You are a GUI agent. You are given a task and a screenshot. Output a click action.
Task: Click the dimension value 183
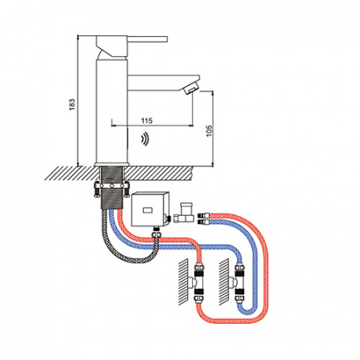coord(72,105)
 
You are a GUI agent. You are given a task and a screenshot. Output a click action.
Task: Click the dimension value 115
coord(146,121)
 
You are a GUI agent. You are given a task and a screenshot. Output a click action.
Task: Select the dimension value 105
coord(210,130)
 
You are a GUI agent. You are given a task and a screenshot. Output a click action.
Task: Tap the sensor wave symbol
coord(146,140)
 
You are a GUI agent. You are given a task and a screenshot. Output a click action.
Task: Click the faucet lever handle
coord(147,39)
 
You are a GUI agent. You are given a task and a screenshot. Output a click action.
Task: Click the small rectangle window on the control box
coord(147,210)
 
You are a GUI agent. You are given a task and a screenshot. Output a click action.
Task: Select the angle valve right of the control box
coord(184,213)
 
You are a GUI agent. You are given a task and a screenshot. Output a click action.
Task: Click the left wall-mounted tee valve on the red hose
coord(197,282)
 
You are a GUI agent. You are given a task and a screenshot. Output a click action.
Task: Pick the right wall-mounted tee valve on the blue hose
coord(238,282)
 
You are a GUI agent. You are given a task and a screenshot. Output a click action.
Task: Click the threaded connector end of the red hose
coord(204,215)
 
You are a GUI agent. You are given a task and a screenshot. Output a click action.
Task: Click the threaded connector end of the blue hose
coord(204,222)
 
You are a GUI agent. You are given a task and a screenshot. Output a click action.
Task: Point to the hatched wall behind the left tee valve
coord(183,282)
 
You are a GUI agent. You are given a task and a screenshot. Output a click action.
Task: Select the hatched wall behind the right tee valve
coord(224,282)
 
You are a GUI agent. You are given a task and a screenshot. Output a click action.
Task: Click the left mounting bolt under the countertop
coord(97,189)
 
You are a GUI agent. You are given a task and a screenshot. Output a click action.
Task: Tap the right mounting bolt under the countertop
coord(126,189)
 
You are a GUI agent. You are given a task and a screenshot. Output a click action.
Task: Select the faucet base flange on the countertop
coord(112,164)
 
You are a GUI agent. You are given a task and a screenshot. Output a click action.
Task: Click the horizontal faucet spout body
coord(163,83)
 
